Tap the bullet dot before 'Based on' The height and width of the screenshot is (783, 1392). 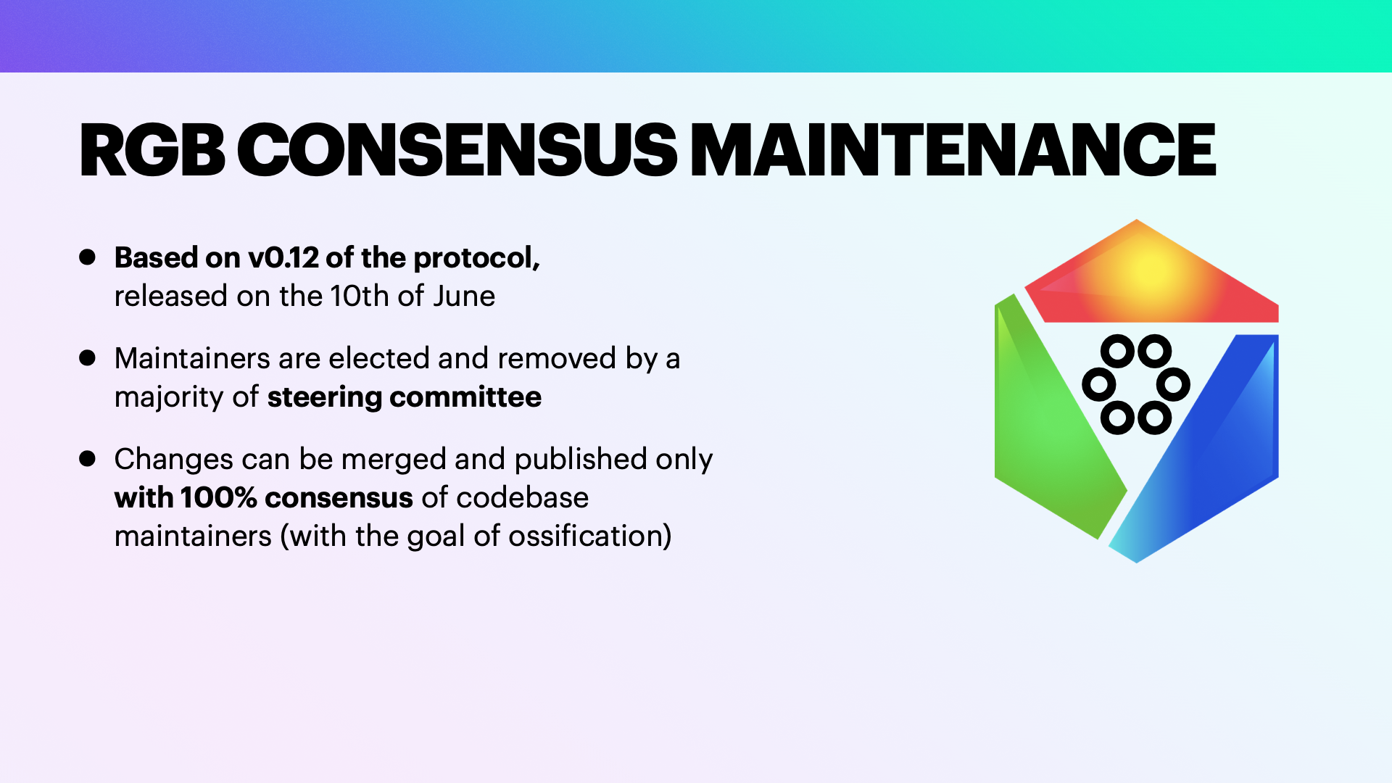[88, 257]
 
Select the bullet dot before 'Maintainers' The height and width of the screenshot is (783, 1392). [88, 357]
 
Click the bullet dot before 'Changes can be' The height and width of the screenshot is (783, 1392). [88, 458]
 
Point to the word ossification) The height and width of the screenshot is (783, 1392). [590, 536]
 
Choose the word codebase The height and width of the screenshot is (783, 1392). [522, 498]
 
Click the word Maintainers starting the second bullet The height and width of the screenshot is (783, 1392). [192, 358]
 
